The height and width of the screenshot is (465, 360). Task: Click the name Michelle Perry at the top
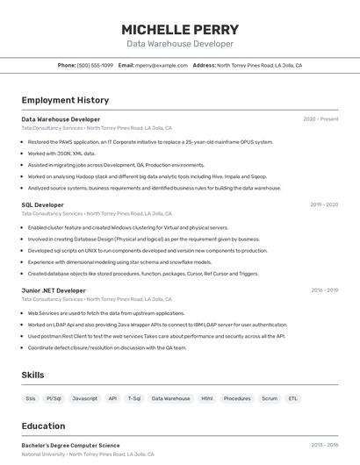tap(180, 29)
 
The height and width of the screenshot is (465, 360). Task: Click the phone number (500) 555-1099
tap(95, 65)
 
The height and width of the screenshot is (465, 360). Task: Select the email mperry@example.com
tap(162, 65)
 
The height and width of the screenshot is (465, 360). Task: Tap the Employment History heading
tap(65, 101)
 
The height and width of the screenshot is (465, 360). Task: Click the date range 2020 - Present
tap(320, 118)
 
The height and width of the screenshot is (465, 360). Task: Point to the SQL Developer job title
tap(42, 204)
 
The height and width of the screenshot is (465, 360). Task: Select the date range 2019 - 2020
tap(324, 204)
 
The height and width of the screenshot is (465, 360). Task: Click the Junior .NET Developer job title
tap(54, 290)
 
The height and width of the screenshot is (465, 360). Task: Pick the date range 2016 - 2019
tap(324, 290)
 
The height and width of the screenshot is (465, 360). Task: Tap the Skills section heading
tap(32, 375)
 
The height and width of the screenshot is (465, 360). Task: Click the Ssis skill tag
tap(31, 398)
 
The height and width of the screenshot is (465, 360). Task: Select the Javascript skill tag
tap(85, 398)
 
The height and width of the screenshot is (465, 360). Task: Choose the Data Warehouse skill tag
tap(170, 398)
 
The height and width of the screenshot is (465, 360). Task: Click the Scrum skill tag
tap(270, 398)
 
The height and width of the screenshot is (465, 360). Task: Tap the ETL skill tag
tap(293, 398)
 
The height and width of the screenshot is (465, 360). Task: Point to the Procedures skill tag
tap(237, 398)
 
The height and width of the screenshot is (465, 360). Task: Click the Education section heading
tap(43, 426)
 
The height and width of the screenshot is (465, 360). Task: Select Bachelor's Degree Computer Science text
tap(70, 445)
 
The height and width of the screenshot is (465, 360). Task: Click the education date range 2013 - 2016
tap(324, 445)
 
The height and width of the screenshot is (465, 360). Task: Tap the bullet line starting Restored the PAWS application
tap(150, 141)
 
